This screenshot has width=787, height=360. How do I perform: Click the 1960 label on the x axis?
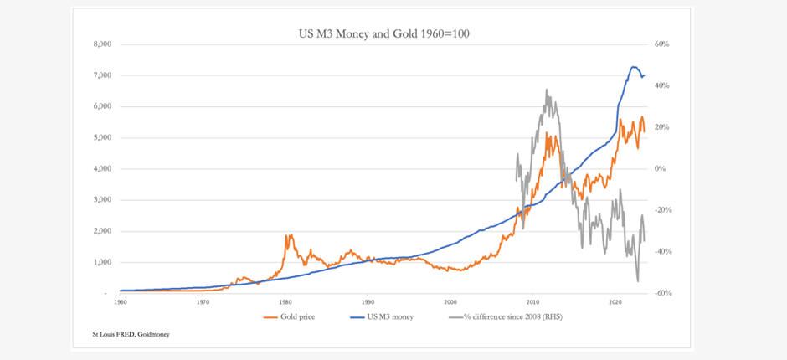coord(121,301)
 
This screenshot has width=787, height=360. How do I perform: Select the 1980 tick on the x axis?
coord(285,301)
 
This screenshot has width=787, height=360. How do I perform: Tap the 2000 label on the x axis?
coord(450,301)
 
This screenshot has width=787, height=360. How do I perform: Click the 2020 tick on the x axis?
coord(615,301)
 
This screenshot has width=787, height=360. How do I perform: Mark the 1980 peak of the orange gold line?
coord(289,235)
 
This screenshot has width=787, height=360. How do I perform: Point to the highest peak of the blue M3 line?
coord(633,67)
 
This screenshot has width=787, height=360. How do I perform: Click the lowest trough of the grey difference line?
coord(638,281)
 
